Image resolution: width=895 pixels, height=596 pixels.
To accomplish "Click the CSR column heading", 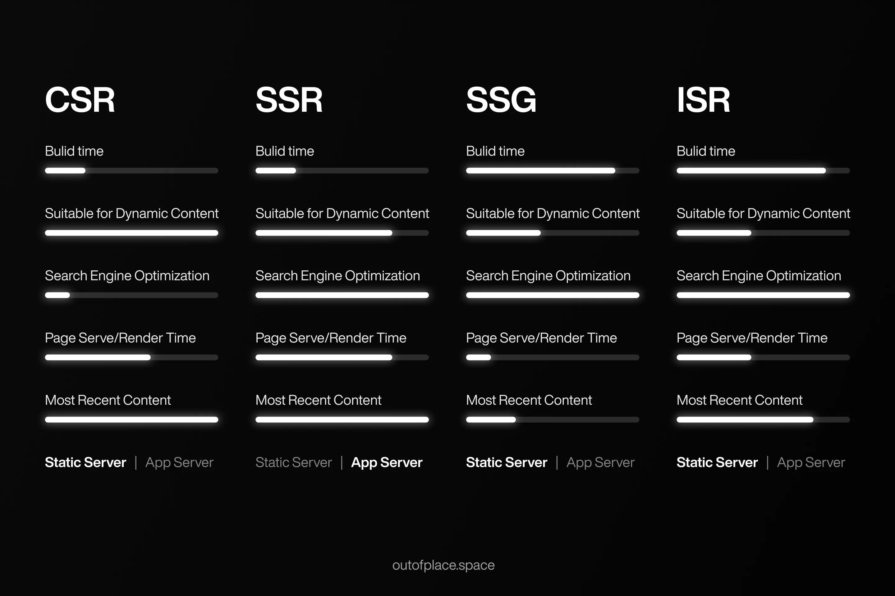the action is click(80, 100).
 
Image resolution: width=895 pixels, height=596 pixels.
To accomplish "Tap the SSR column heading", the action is click(289, 100).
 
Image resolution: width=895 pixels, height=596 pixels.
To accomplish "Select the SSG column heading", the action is click(501, 100).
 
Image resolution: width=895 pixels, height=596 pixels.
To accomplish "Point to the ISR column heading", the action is click(703, 100).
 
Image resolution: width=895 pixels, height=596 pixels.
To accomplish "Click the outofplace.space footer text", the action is click(443, 565).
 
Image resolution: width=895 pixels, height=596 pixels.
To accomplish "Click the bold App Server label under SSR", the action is click(387, 463).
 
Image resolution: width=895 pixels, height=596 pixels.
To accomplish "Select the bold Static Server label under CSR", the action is click(85, 462).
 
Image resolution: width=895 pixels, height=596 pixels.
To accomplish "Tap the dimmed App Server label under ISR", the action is click(811, 463).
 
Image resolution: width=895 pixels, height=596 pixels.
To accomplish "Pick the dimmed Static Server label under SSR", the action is click(294, 462).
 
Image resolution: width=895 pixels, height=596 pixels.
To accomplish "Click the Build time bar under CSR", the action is click(131, 171).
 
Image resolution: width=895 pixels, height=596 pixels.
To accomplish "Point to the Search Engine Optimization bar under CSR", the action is click(131, 295).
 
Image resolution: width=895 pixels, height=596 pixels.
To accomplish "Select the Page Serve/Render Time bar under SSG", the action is click(553, 357).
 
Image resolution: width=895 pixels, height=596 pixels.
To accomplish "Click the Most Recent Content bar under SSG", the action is click(553, 420).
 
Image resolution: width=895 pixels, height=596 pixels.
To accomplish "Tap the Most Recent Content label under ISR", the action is click(739, 400).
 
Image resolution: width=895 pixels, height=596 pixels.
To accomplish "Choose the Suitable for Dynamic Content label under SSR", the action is click(342, 214).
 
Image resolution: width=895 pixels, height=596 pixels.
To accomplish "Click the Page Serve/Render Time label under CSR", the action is click(120, 338).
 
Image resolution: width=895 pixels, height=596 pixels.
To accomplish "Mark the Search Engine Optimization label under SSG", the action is click(548, 276).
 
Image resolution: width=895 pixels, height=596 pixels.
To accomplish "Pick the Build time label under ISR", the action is click(706, 151).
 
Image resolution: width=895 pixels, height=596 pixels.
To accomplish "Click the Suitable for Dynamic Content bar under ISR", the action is click(763, 233).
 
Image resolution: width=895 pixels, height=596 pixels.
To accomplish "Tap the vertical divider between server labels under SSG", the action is click(557, 463).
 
